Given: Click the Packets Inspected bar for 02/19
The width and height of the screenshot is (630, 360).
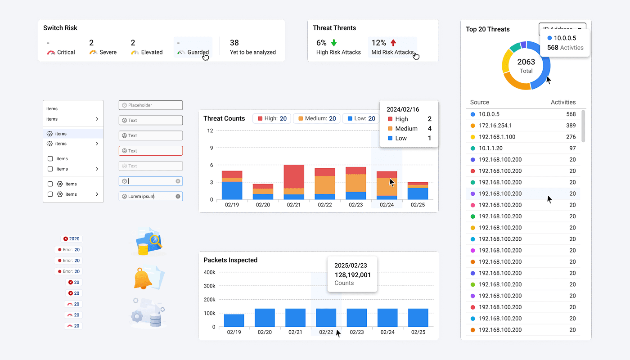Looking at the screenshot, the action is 234,320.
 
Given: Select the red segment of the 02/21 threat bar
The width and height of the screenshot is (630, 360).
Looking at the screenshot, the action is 294,176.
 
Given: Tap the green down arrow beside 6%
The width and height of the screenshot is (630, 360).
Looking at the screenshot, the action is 334,43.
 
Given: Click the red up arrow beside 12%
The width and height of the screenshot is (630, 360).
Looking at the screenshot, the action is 393,43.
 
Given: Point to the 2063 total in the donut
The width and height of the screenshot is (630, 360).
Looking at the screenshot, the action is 526,62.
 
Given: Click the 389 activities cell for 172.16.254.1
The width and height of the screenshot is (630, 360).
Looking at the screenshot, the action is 571,126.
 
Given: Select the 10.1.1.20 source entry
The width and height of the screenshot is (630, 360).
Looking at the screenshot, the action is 490,148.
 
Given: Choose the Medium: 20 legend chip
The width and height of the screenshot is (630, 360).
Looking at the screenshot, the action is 317,118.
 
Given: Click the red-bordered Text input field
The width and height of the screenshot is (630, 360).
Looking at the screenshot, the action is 151,151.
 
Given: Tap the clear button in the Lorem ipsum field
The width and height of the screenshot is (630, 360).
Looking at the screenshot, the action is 178,196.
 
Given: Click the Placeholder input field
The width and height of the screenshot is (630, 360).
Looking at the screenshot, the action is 151,105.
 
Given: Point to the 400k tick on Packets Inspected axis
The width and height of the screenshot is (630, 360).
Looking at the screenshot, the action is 210,272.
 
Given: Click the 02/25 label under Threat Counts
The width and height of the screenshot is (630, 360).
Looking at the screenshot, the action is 418,205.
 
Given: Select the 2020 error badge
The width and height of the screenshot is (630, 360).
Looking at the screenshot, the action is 72,239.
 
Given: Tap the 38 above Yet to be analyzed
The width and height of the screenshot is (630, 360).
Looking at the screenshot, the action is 234,43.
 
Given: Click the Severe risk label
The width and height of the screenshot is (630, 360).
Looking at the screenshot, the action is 108,52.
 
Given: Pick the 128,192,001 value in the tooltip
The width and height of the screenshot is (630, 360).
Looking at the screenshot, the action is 353,275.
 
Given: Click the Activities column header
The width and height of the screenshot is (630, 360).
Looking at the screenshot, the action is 563,103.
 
